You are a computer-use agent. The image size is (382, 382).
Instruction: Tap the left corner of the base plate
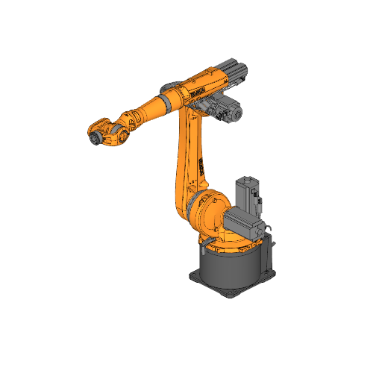[x=190, y=275]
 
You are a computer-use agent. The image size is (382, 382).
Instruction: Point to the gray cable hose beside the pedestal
[x=270, y=250]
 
